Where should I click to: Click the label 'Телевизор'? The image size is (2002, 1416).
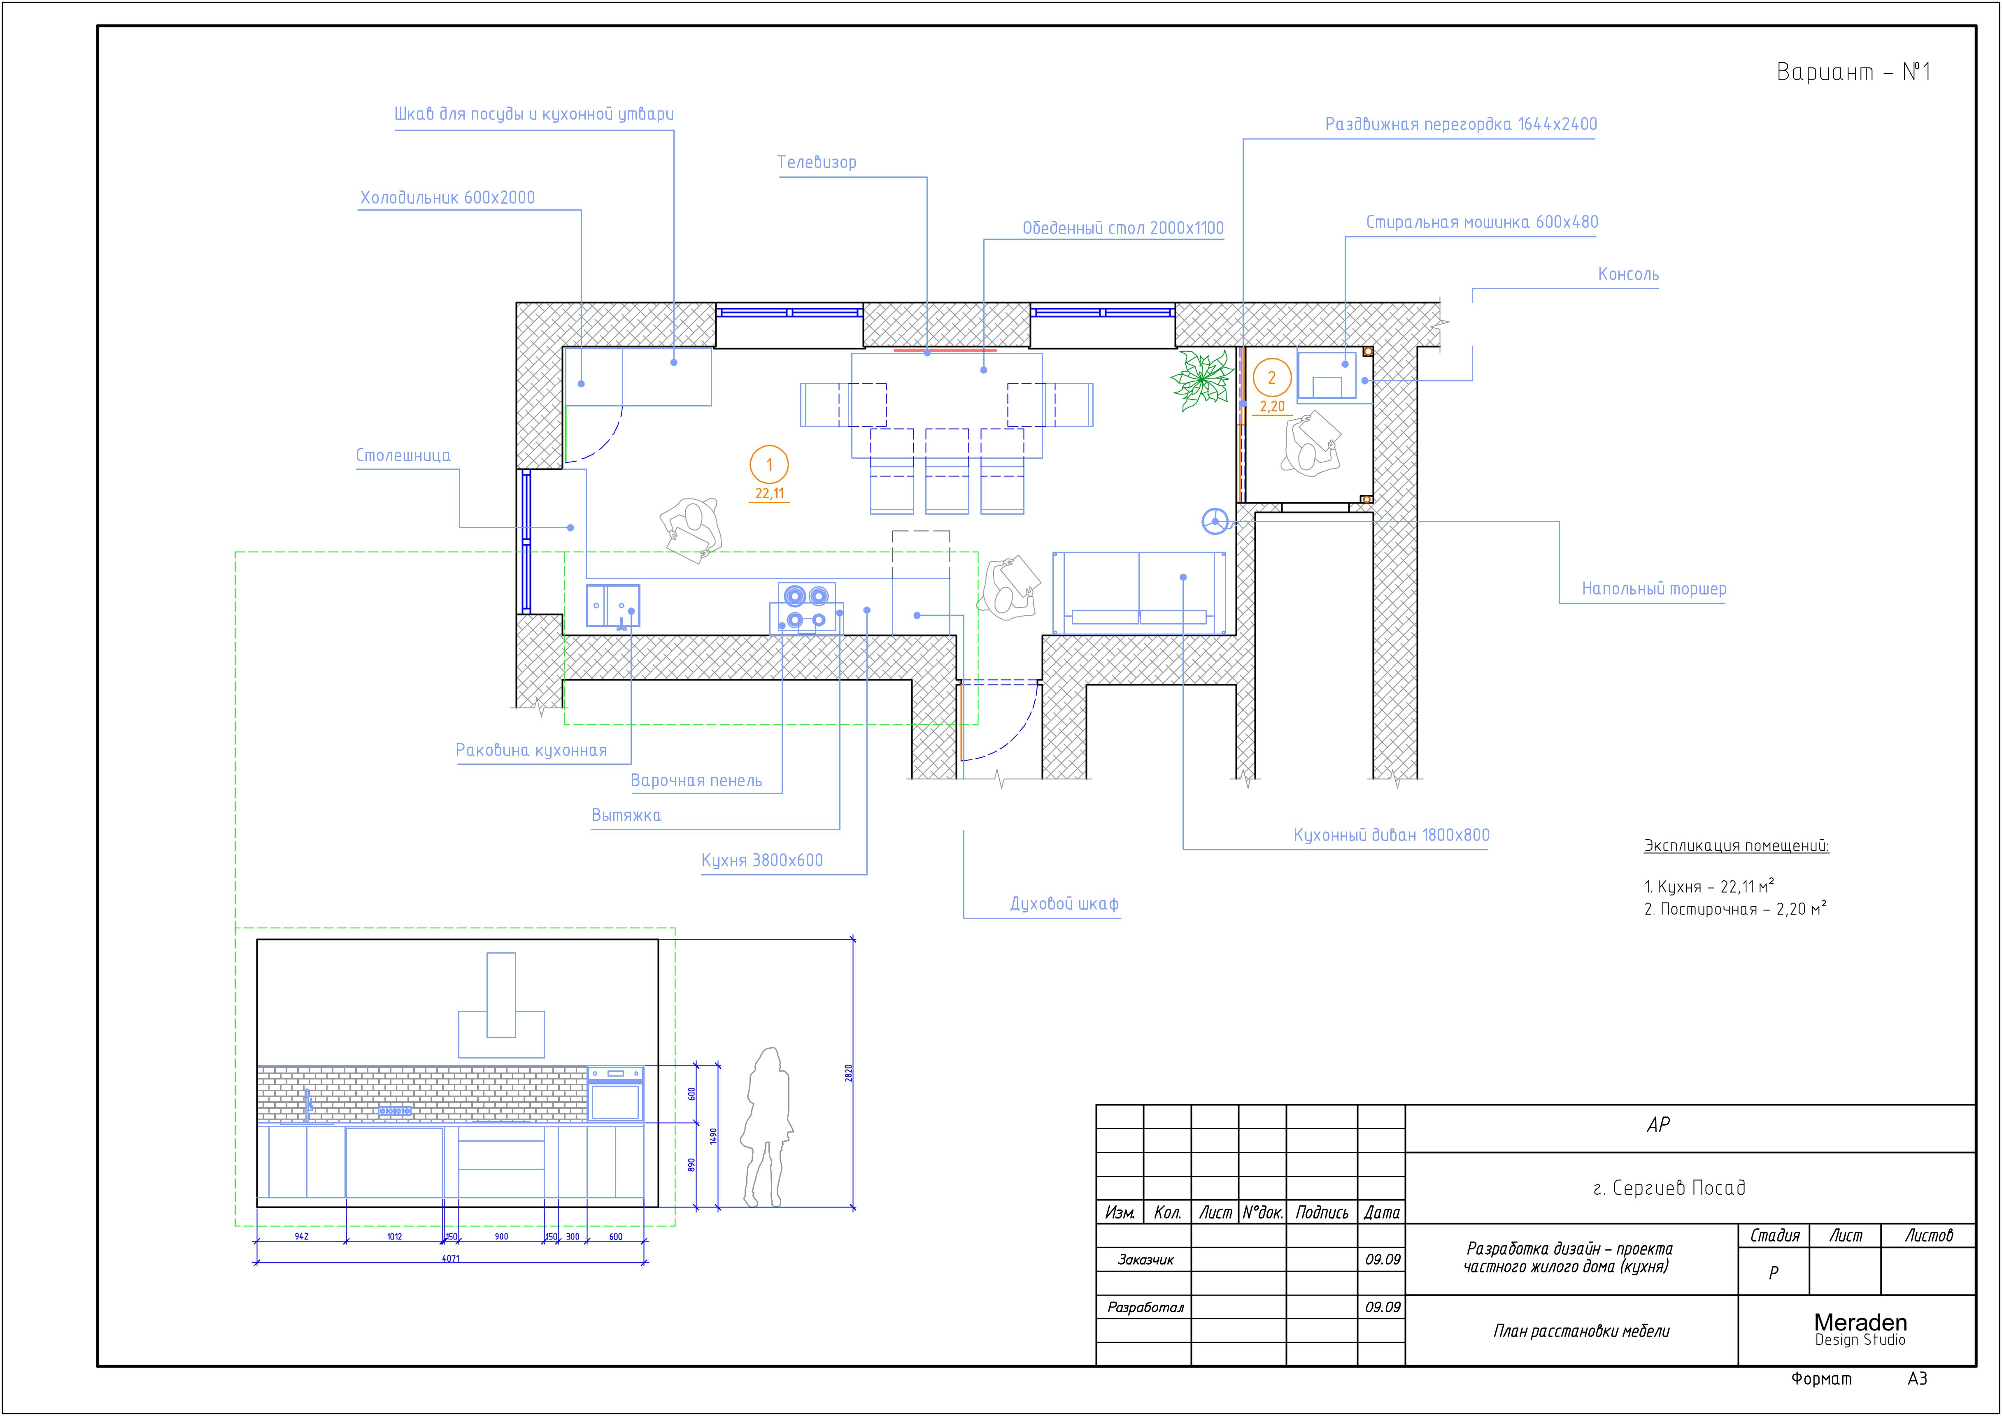click(x=817, y=162)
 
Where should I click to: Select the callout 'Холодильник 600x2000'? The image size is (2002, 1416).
click(x=447, y=198)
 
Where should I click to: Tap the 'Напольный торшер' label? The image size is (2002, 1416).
click(x=1654, y=589)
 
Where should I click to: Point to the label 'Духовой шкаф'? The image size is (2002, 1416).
click(x=1064, y=904)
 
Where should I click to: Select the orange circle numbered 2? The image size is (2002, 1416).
click(x=1272, y=378)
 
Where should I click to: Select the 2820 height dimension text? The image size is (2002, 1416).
click(x=849, y=1073)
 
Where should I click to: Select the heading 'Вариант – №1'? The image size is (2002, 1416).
click(x=1854, y=72)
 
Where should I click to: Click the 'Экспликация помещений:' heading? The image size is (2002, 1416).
click(x=1736, y=846)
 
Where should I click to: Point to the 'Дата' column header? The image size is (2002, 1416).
click(x=1382, y=1212)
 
